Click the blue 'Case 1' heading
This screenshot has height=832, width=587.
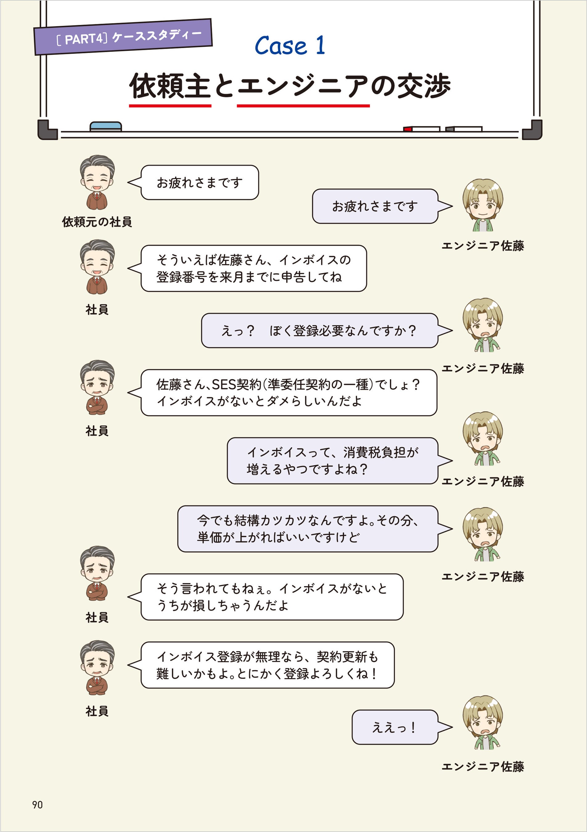290,46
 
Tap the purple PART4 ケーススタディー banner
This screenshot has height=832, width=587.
123,37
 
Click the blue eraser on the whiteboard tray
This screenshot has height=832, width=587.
105,126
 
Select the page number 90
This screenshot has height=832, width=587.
37,805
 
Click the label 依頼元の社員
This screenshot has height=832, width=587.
97,222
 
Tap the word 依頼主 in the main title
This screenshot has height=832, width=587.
170,86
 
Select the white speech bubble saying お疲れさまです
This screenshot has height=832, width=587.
199,183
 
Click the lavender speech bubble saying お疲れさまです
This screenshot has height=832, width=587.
375,206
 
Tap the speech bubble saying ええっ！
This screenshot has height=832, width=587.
395,727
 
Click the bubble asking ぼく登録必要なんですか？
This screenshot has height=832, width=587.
319,330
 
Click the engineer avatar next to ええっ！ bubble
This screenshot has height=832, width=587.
482,722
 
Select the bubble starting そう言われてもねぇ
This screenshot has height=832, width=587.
272,597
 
